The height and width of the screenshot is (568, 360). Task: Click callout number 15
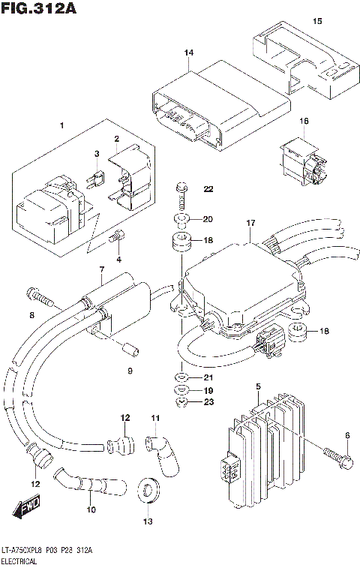317,20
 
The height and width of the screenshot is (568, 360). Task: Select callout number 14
189,53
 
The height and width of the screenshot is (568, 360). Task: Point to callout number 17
250,223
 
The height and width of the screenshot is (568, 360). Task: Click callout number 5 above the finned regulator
257,386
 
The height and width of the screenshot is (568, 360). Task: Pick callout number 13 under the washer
147,521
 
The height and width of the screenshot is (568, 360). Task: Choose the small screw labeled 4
115,239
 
